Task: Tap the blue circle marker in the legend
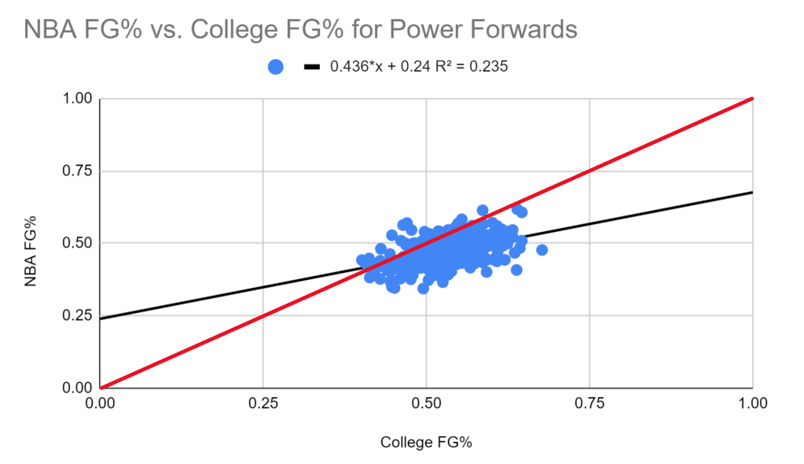coord(275,68)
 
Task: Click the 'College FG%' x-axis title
coord(426,442)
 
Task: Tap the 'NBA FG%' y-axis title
coord(31,243)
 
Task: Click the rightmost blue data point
coord(542,250)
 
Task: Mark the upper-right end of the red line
coord(752,99)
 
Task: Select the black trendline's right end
coord(752,192)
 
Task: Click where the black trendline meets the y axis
coord(101,319)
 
